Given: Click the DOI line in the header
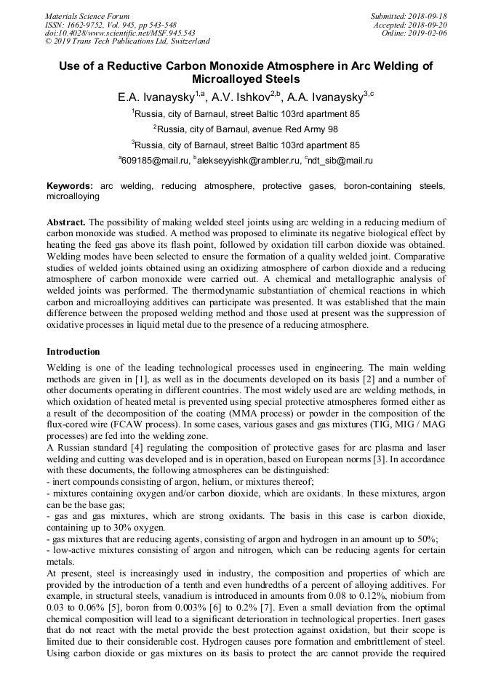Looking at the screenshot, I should point(120,33).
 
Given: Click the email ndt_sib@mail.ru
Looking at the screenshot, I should point(341,161).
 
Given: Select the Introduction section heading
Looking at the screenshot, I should point(73,352).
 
